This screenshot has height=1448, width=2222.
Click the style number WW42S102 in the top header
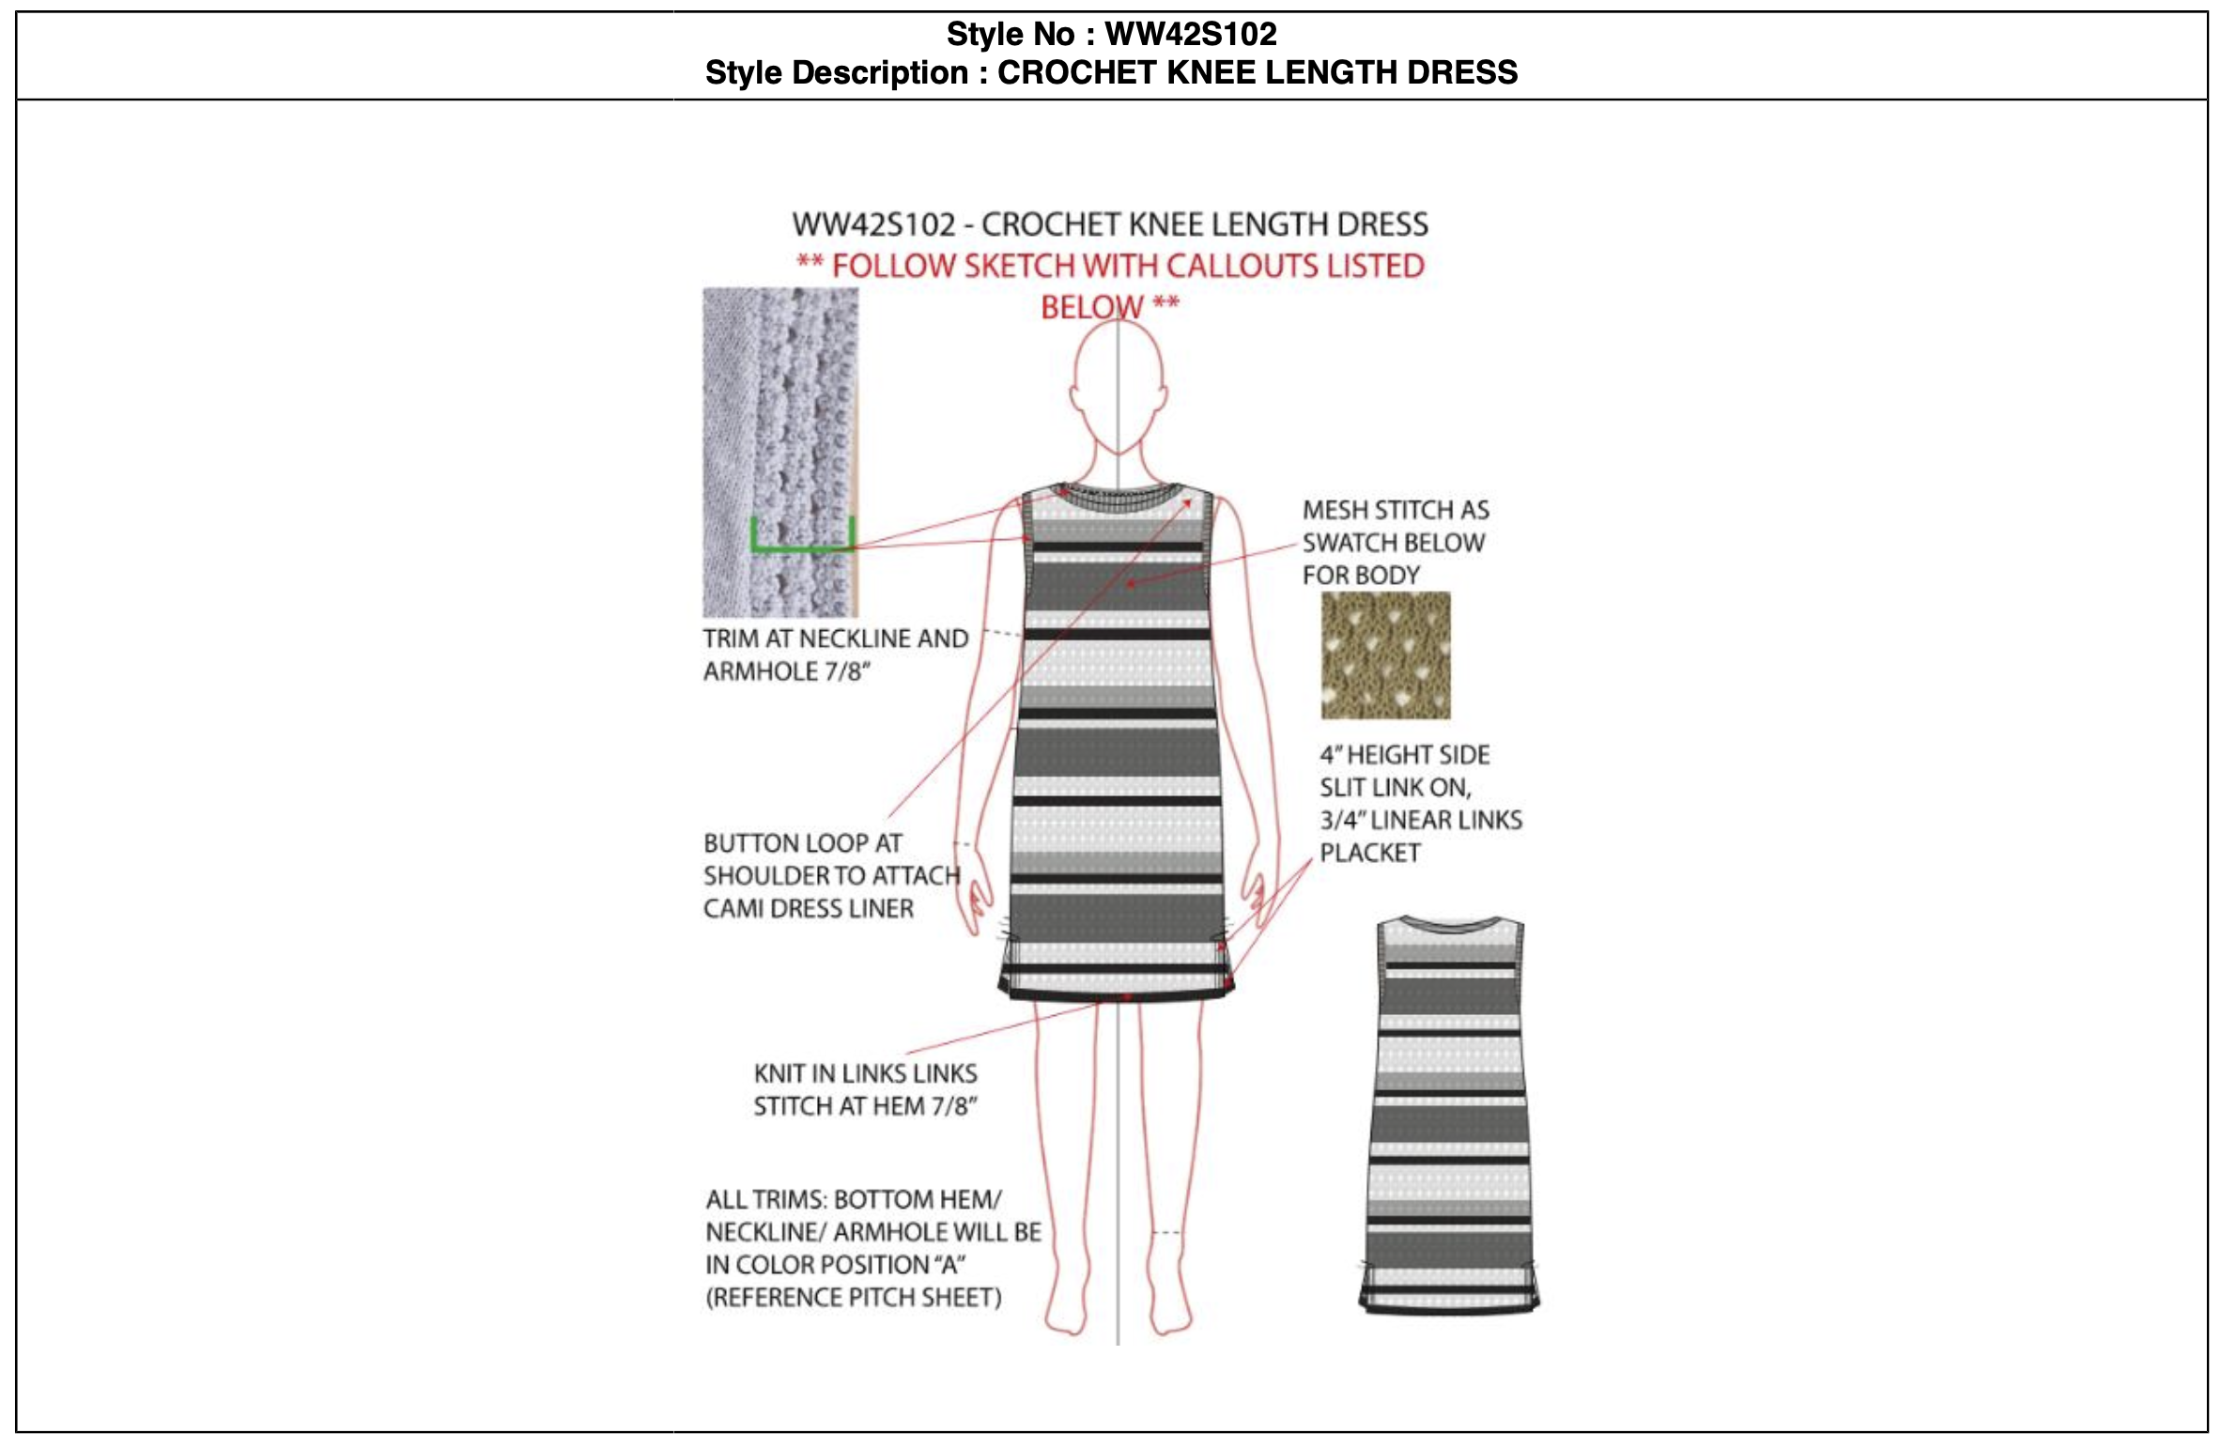click(x=1191, y=35)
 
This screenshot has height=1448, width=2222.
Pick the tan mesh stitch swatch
click(x=1385, y=655)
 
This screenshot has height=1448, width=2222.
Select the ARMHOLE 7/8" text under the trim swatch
click(x=787, y=672)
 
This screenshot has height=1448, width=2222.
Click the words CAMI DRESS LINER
click(x=808, y=909)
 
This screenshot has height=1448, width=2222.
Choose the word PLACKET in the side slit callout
click(x=1369, y=854)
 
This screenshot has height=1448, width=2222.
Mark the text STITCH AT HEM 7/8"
click(x=865, y=1106)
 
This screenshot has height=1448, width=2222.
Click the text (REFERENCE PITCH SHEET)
click(x=853, y=1298)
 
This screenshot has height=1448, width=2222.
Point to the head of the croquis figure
click(x=1118, y=385)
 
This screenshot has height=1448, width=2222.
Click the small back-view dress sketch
click(x=1448, y=1113)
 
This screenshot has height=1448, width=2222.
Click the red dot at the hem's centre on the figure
click(x=1126, y=995)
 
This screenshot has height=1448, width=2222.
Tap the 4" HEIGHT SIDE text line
click(x=1404, y=756)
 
